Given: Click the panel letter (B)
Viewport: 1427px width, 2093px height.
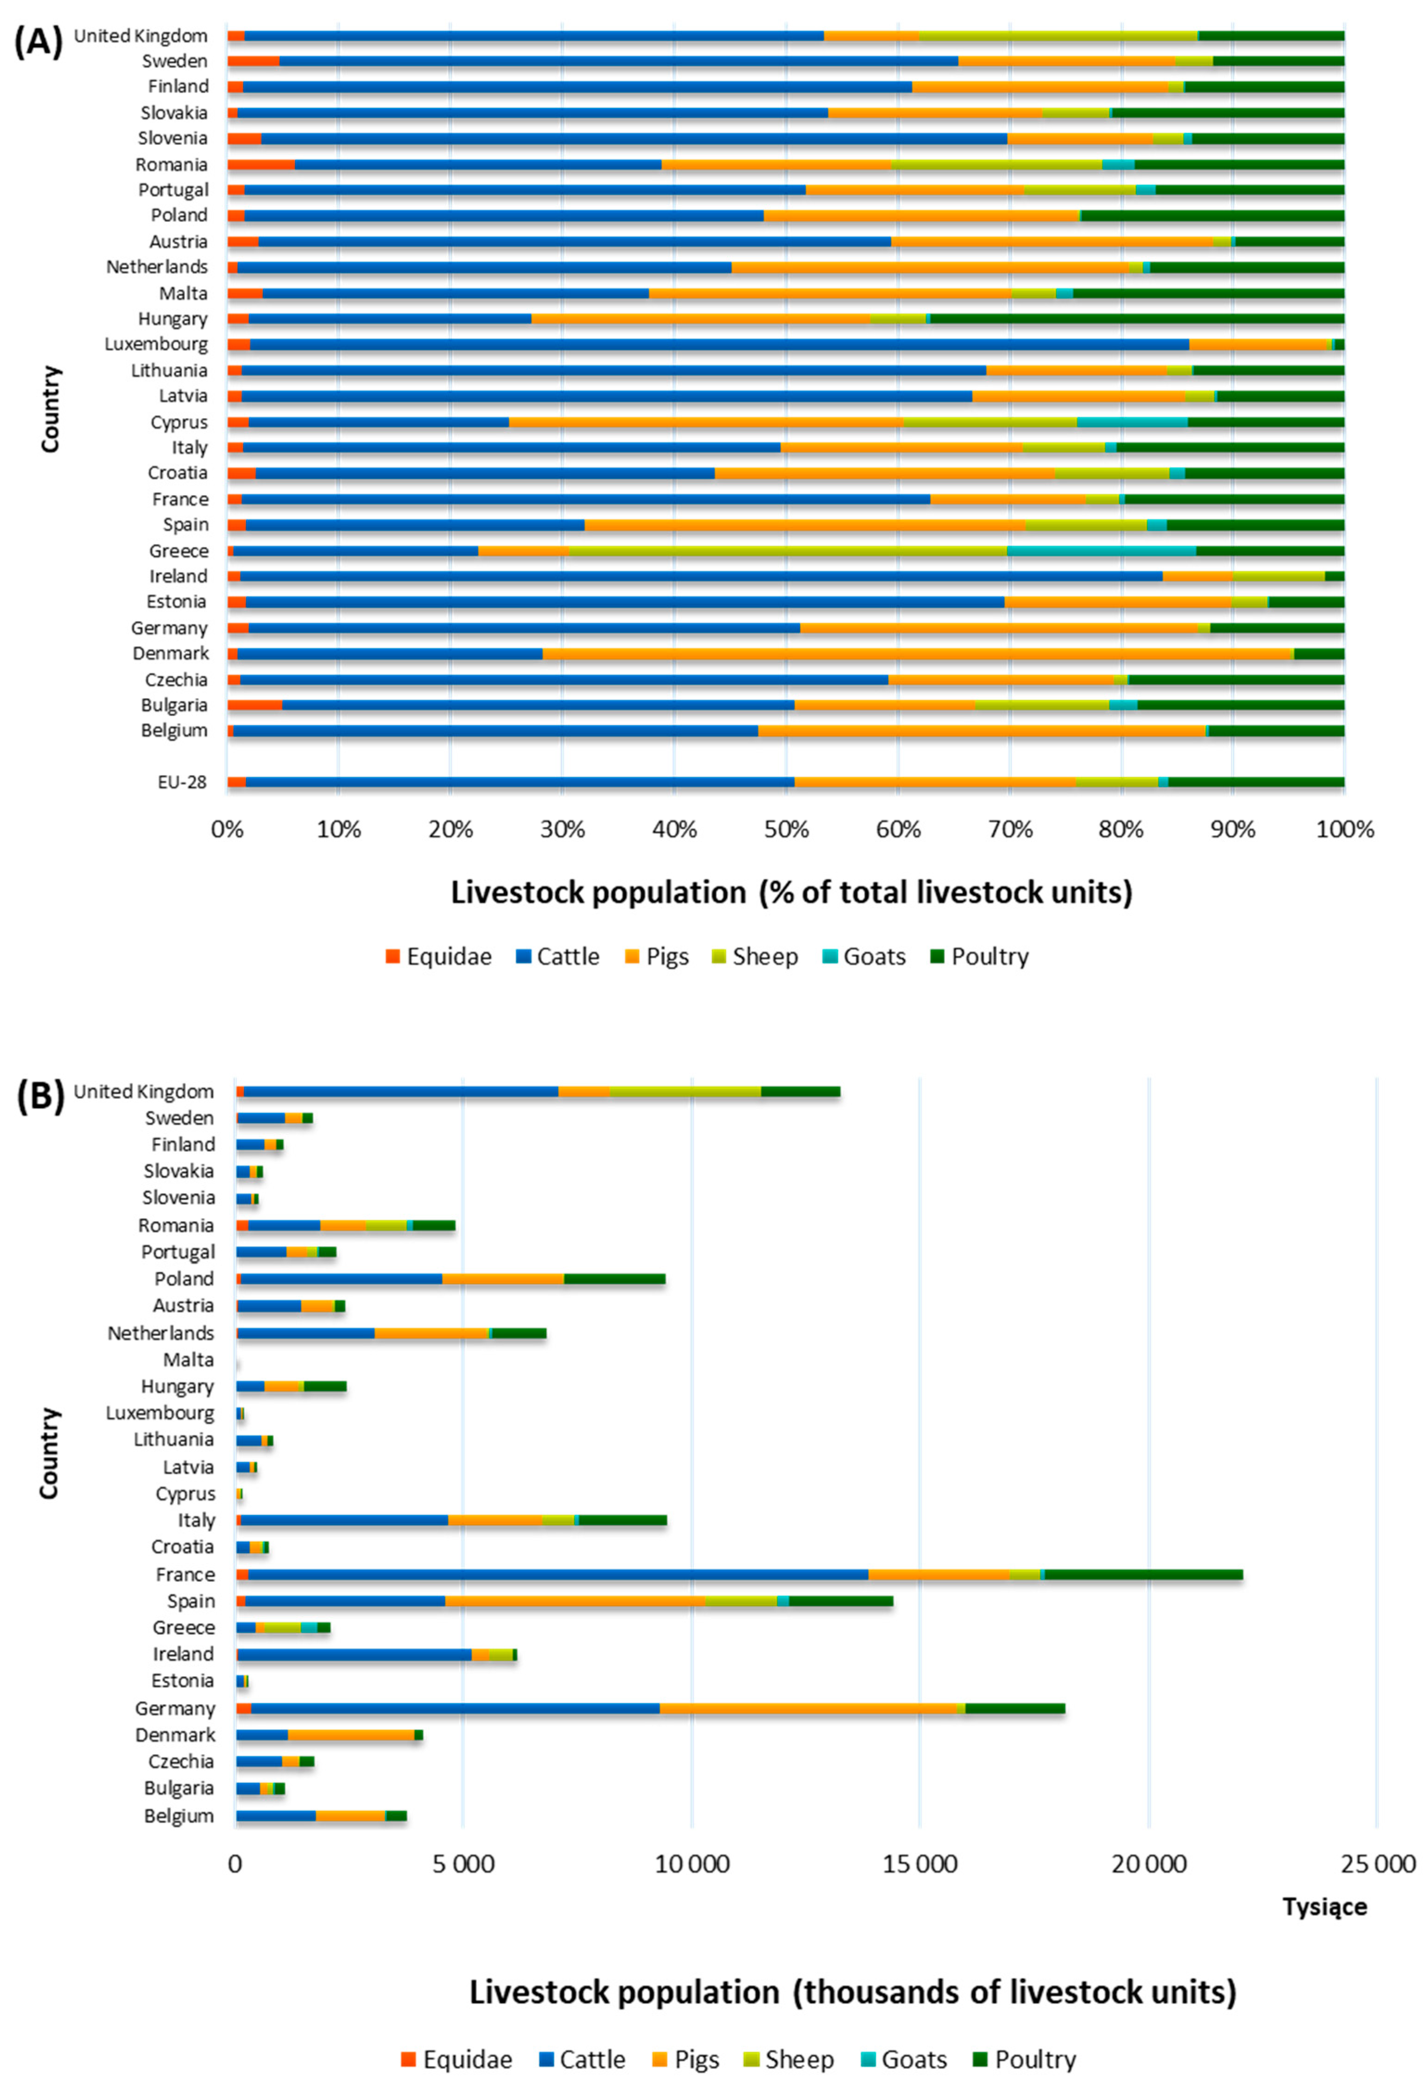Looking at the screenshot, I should pos(40,1097).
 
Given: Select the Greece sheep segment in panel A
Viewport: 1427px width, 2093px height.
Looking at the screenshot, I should pos(786,550).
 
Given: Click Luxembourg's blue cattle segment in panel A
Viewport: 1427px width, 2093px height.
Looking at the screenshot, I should pos(719,344).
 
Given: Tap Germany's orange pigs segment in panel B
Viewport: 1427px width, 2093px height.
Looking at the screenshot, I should pos(807,1708).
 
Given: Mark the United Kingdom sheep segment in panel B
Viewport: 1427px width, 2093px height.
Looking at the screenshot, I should pos(685,1091).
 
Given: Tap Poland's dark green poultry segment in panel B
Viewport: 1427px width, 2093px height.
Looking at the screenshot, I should pos(615,1279).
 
